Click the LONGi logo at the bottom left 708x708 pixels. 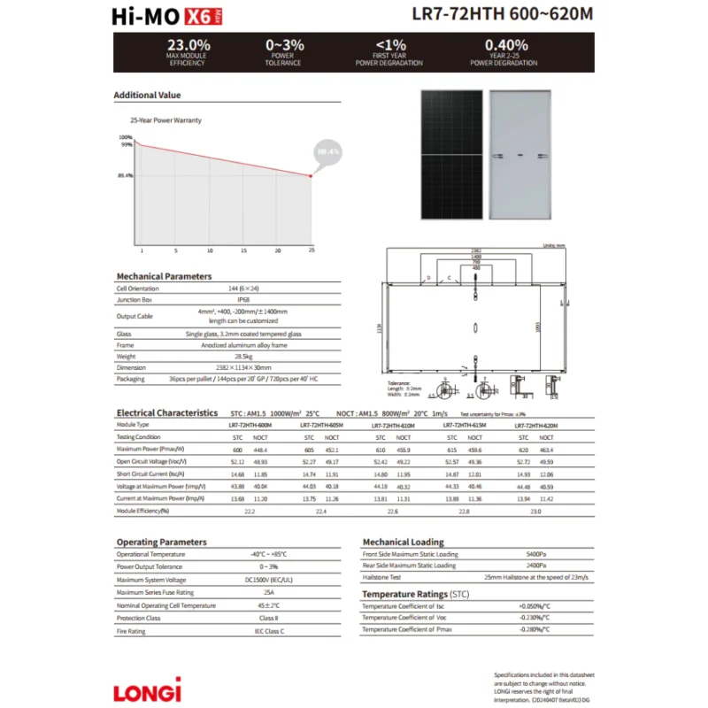tap(148, 689)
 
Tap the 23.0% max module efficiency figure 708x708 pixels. tap(189, 45)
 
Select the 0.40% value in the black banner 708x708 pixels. tap(505, 45)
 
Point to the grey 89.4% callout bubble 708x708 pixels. tap(327, 152)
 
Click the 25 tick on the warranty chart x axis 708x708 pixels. tap(311, 250)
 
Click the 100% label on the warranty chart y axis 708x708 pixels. tap(126, 137)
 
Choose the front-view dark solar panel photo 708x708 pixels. tap(451, 154)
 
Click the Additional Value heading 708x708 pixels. tap(147, 95)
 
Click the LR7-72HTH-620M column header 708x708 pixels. tap(536, 425)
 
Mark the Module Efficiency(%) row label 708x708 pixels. tap(142, 511)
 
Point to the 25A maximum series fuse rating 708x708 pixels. tap(267, 592)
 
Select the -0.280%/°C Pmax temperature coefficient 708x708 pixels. tap(534, 628)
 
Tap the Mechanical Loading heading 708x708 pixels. tap(403, 542)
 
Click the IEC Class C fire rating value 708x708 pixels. tap(267, 631)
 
